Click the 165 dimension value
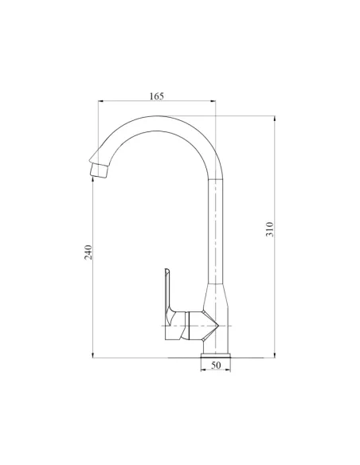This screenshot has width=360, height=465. point(156,96)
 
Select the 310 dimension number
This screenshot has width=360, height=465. point(270,230)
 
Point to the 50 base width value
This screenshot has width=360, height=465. point(216,365)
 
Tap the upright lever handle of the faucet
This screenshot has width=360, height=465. point(169,291)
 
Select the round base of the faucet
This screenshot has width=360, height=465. point(216,351)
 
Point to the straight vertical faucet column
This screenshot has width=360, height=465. point(216,231)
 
